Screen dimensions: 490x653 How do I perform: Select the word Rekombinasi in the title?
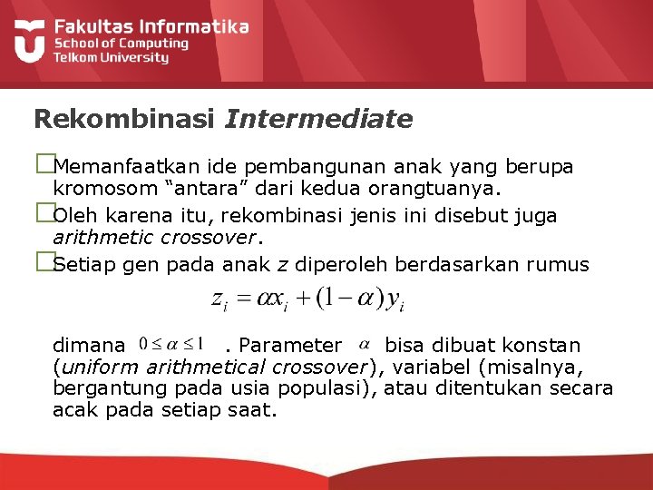(124, 119)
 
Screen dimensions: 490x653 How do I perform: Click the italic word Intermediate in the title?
(318, 119)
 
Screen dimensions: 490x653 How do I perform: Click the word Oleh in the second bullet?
(73, 216)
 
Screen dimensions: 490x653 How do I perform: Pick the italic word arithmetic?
(100, 239)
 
